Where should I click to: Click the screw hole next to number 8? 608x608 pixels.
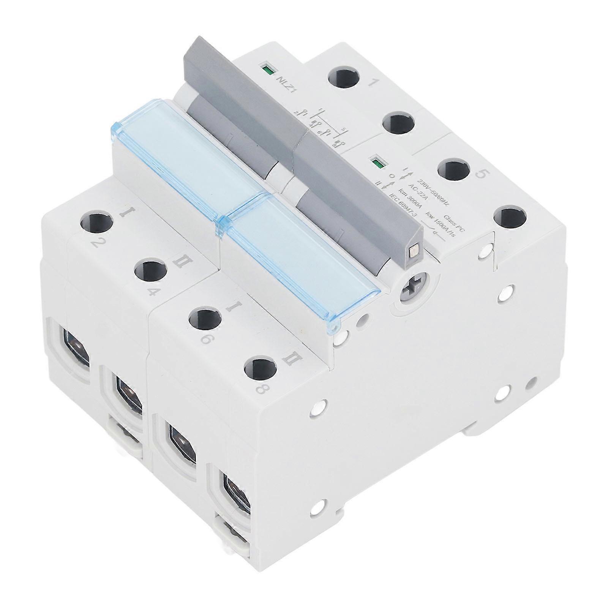click(259, 369)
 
